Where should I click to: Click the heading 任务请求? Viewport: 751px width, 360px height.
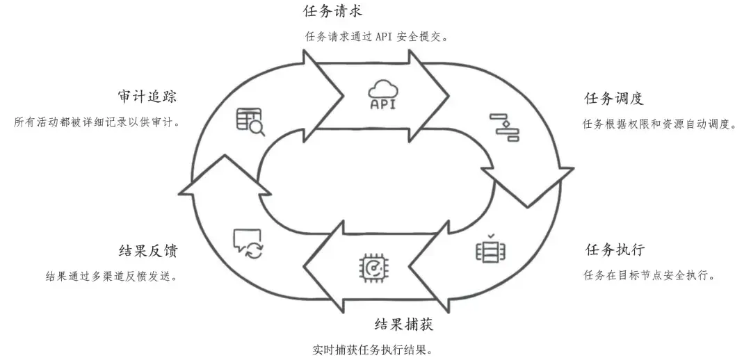click(x=333, y=11)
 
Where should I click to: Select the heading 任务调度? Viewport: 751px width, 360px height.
click(x=612, y=99)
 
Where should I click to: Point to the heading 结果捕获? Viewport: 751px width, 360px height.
click(x=404, y=325)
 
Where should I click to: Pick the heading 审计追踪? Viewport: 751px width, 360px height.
click(x=147, y=96)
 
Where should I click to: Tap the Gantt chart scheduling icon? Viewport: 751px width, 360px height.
click(x=504, y=126)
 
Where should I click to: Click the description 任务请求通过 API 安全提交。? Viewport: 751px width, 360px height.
click(x=376, y=36)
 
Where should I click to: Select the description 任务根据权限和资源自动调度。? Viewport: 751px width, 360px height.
click(x=659, y=124)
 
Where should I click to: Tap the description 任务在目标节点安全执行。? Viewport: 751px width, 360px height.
click(x=649, y=275)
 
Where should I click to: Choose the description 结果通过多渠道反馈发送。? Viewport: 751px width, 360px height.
click(x=111, y=276)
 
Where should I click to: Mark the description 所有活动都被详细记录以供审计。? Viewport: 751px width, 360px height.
click(x=97, y=122)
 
